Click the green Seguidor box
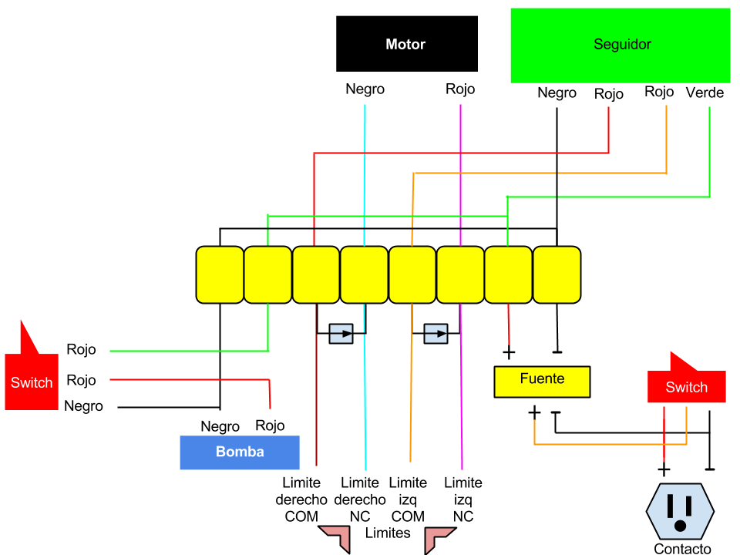[620, 45]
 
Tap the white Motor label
[405, 45]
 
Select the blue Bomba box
[239, 452]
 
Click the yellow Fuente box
[542, 382]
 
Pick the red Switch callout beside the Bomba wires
[32, 382]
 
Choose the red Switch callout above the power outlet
[686, 387]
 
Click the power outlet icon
[680, 511]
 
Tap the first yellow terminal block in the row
[220, 274]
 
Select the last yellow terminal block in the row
[557, 274]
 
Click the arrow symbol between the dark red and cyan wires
[341, 334]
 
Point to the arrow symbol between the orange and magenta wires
[436, 334]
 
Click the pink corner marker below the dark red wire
[337, 537]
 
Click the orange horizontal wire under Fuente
[609, 444]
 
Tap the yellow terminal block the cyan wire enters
[364, 274]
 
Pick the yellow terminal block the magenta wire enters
[460, 274]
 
